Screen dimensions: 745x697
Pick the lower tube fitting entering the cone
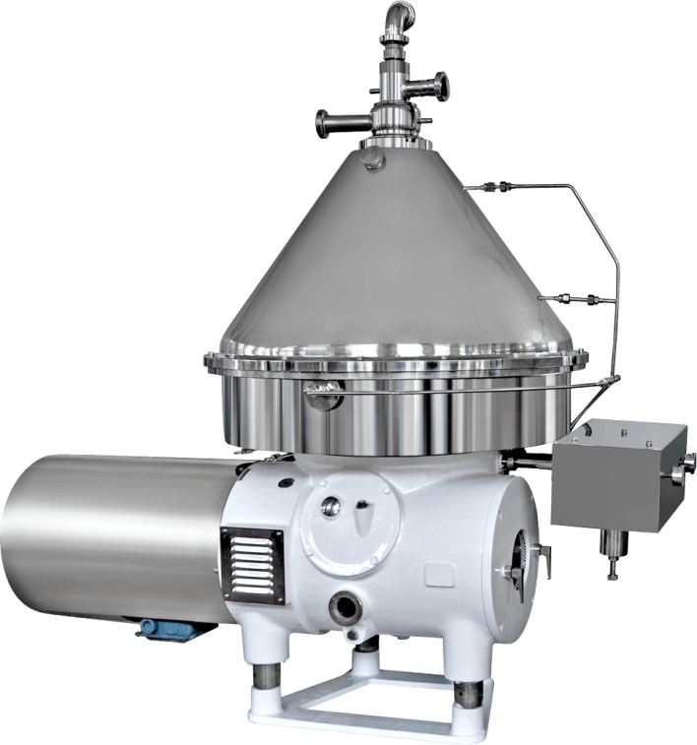click(x=571, y=296)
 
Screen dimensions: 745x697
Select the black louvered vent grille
click(x=251, y=562)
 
